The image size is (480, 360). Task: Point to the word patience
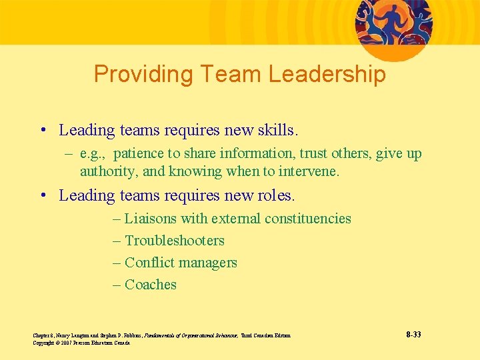point(139,153)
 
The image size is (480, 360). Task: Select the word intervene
point(309,171)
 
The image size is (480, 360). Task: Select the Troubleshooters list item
point(174,241)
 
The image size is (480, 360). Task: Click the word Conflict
point(149,263)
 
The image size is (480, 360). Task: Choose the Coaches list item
point(150,285)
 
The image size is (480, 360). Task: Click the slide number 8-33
point(413,334)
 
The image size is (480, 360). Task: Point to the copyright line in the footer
point(81,343)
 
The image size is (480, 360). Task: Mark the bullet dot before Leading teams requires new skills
point(43,130)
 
